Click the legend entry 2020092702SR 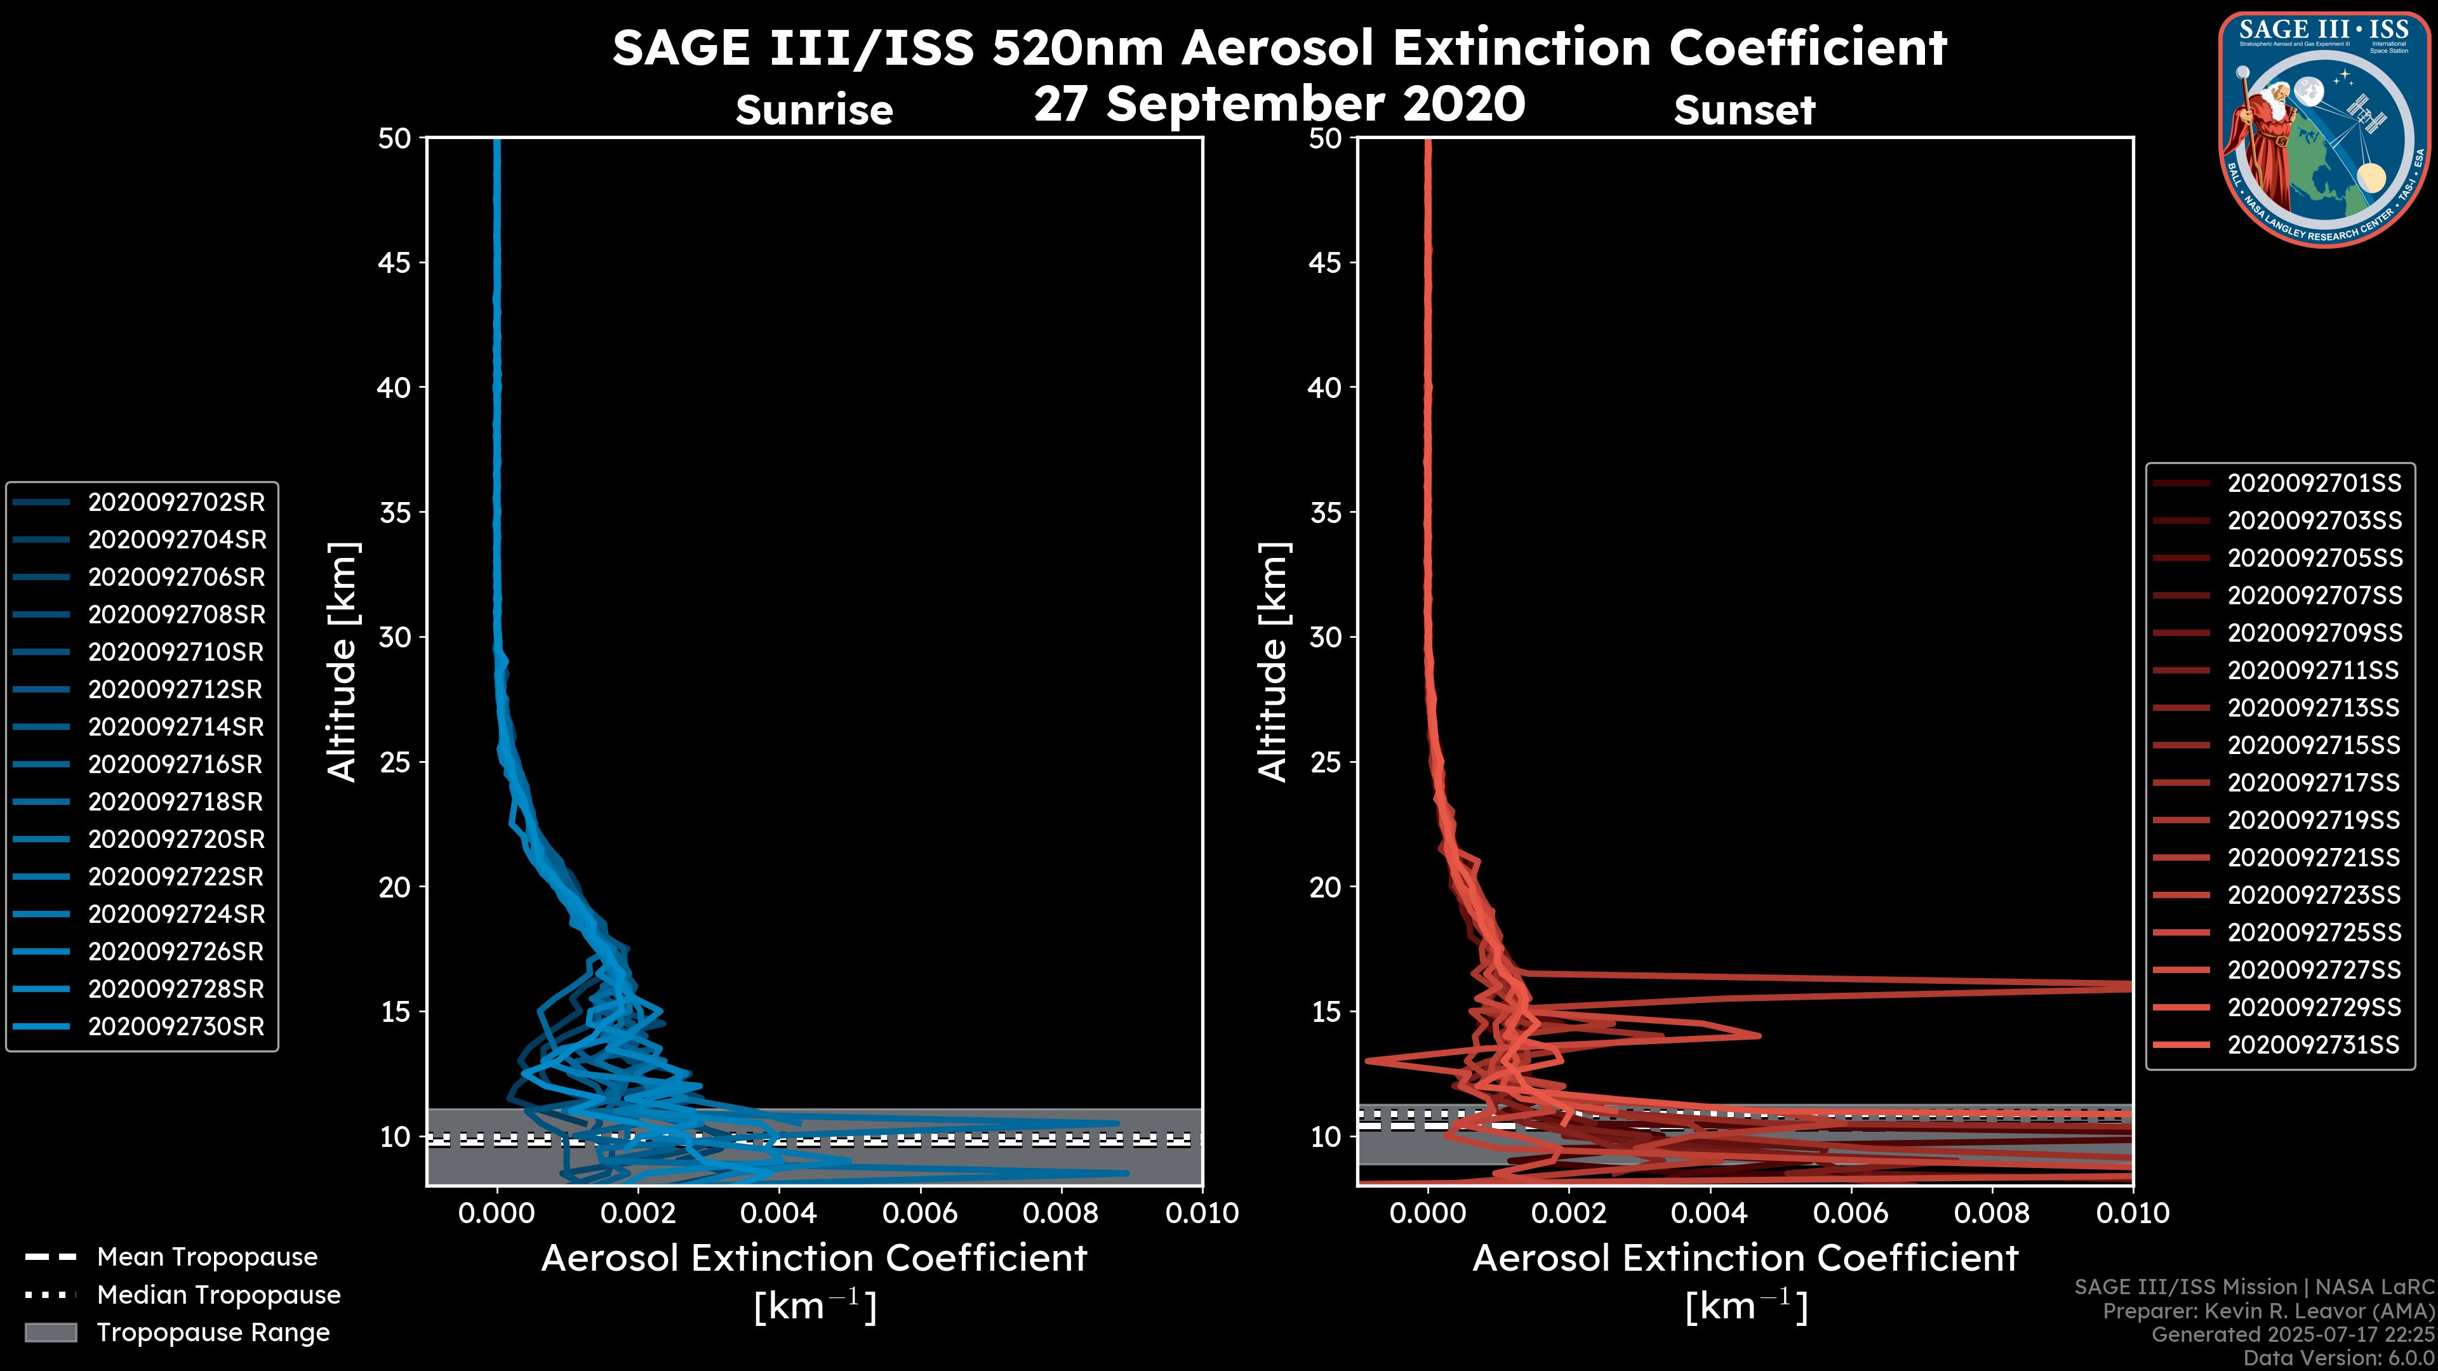pos(176,503)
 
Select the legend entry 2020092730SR pos(176,1026)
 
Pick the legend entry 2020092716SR pos(176,764)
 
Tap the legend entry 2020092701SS pos(2313,484)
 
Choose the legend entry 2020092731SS pos(2313,1045)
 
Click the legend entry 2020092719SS pos(2313,820)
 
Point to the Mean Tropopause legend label pos(207,1257)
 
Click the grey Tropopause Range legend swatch pos(50,1332)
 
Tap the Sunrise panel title pos(814,110)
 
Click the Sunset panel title pos(1744,110)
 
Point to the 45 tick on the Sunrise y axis pos(395,263)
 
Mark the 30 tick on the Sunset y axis pos(1325,637)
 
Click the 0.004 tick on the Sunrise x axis pos(778,1213)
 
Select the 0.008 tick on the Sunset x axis pos(1992,1213)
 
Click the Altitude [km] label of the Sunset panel pos(1273,661)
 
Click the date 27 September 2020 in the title pos(1279,104)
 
